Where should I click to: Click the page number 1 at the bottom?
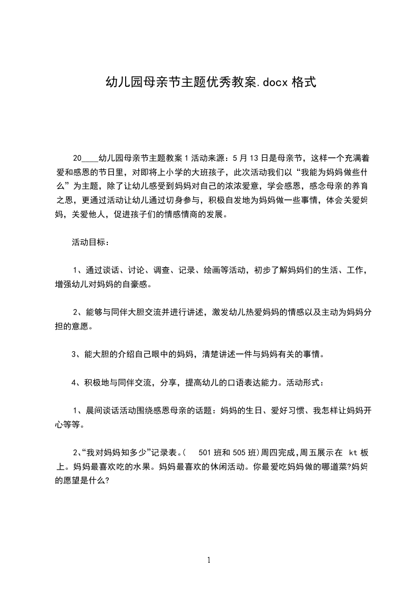pos(209,561)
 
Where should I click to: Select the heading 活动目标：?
pos(90,242)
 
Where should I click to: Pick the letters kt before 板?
pos(353,452)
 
